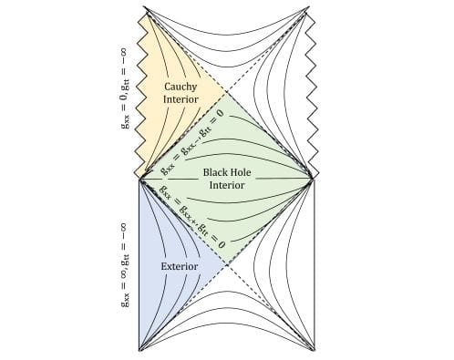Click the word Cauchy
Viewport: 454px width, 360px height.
pos(181,87)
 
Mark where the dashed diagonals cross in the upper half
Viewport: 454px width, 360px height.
pos(227,92)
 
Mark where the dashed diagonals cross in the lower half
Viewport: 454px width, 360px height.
pos(227,265)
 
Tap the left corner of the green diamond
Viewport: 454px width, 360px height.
pos(139,179)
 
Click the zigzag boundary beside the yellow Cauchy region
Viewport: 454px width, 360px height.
pos(139,91)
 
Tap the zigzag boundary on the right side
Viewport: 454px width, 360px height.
pos(315,91)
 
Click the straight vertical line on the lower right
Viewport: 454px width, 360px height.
pos(315,264)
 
